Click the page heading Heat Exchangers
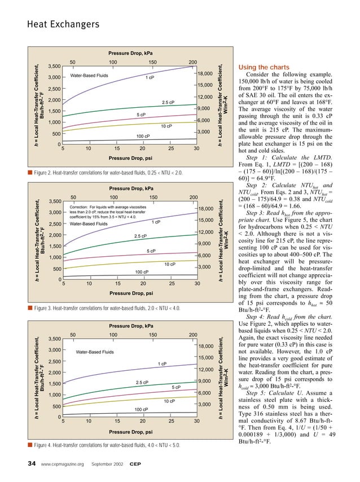[x=55, y=24]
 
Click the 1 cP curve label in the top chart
[x=150, y=78]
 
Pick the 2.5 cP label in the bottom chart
[x=142, y=383]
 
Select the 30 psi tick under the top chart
[x=196, y=149]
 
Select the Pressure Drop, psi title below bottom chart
[x=130, y=432]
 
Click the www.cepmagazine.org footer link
[x=62, y=465]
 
